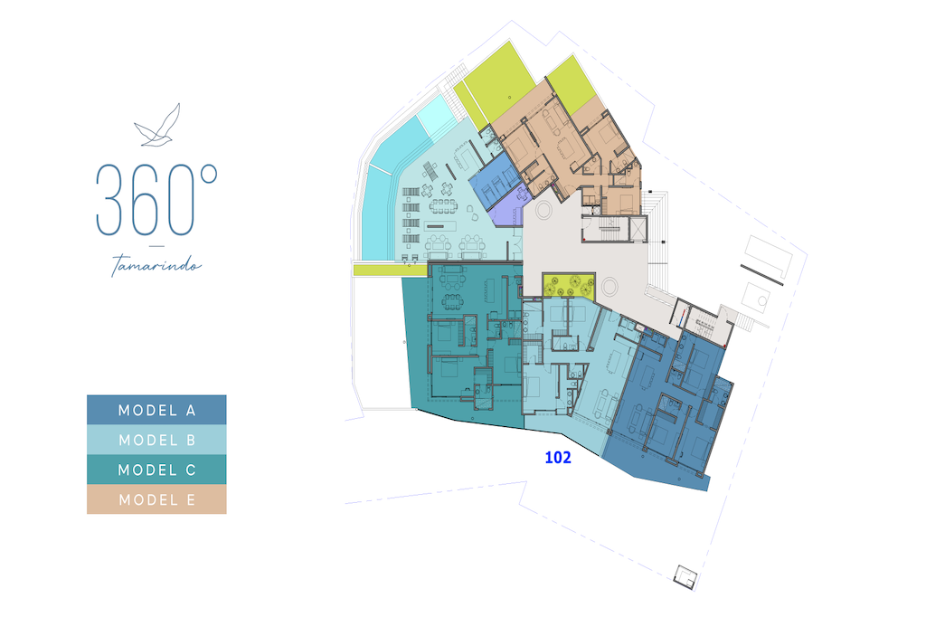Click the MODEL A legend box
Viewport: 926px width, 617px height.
tap(156, 410)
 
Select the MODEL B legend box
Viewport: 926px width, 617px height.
tap(156, 440)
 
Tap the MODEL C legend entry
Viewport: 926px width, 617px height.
tap(156, 470)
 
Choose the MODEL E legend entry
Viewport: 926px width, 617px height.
tap(156, 499)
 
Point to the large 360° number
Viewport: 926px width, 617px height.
tap(156, 200)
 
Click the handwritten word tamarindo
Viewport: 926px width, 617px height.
tap(156, 265)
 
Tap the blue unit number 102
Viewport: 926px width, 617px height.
tap(557, 457)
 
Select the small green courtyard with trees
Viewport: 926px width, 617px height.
tap(568, 285)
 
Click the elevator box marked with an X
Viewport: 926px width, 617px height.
tap(638, 230)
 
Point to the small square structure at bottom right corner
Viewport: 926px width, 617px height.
tap(685, 575)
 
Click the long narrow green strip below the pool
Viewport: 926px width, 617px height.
tap(391, 271)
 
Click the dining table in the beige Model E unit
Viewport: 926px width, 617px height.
tap(566, 147)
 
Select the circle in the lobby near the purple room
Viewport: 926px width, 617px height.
tap(543, 209)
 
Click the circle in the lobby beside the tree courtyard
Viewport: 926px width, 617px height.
tap(609, 288)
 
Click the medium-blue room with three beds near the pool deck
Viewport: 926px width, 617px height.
tap(495, 181)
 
